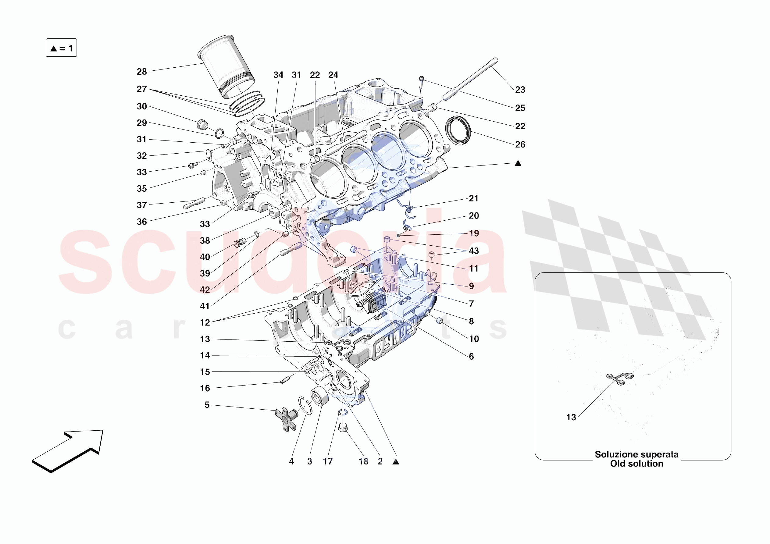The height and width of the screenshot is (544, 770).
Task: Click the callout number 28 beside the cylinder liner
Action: [141, 71]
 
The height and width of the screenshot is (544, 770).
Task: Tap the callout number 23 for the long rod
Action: [520, 90]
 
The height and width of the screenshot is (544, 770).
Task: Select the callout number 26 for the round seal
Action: [520, 144]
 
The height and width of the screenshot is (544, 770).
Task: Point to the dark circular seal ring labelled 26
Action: [458, 130]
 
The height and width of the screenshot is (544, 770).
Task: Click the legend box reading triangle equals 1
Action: [61, 48]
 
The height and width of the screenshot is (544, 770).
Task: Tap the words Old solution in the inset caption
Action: [636, 464]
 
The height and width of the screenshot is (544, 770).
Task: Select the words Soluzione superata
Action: [636, 454]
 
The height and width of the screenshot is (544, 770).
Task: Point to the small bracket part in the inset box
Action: [620, 378]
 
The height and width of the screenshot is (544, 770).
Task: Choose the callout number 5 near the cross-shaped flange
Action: [207, 405]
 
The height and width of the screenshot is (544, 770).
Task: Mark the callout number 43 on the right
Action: [473, 251]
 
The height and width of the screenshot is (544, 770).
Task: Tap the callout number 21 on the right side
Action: [473, 198]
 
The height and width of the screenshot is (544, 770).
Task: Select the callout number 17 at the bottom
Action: [328, 461]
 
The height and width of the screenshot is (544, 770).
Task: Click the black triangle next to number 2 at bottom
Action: [396, 462]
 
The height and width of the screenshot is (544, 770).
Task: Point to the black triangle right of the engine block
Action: [518, 163]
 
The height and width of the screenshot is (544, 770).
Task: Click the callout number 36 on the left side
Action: [141, 222]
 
